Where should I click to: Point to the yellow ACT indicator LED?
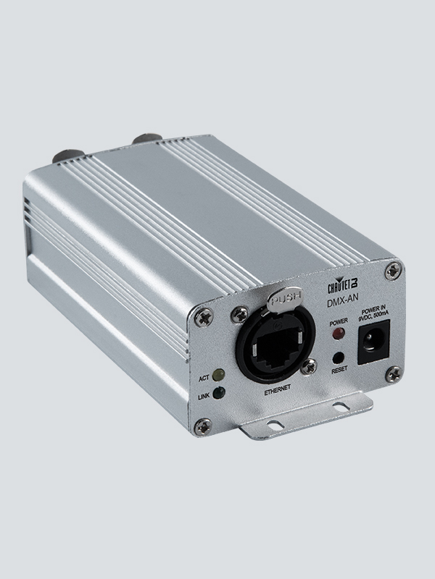217,376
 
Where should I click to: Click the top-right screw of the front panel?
392,270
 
